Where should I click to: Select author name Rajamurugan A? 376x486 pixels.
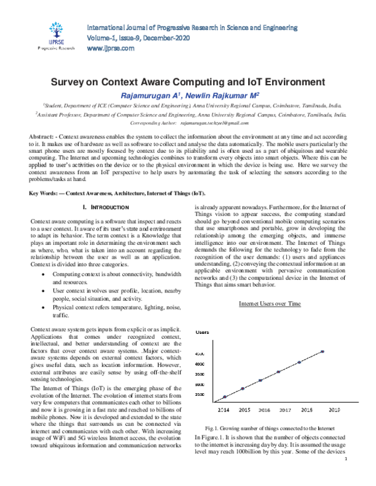coord(149,95)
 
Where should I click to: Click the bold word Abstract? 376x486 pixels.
coord(44,137)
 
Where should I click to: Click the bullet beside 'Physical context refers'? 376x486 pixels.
coord(42,308)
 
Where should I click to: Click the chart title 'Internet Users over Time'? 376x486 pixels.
coord(270,304)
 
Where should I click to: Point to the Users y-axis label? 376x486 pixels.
coord(202,331)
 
